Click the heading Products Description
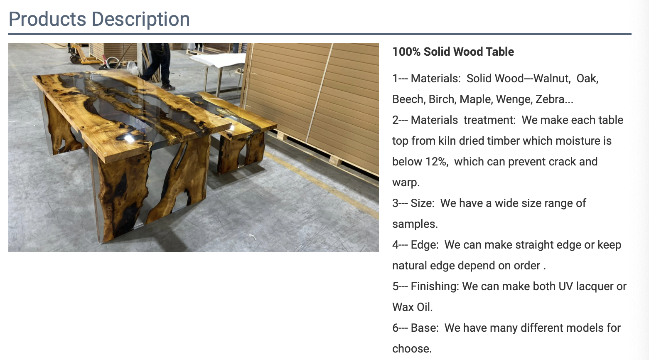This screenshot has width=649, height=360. coord(99,19)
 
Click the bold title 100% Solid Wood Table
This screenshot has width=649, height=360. coord(453,52)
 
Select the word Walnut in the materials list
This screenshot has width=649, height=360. coord(552,79)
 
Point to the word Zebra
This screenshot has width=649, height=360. coord(554,99)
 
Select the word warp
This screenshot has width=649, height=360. coord(406,183)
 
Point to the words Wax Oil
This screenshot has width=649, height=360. coord(412,307)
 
